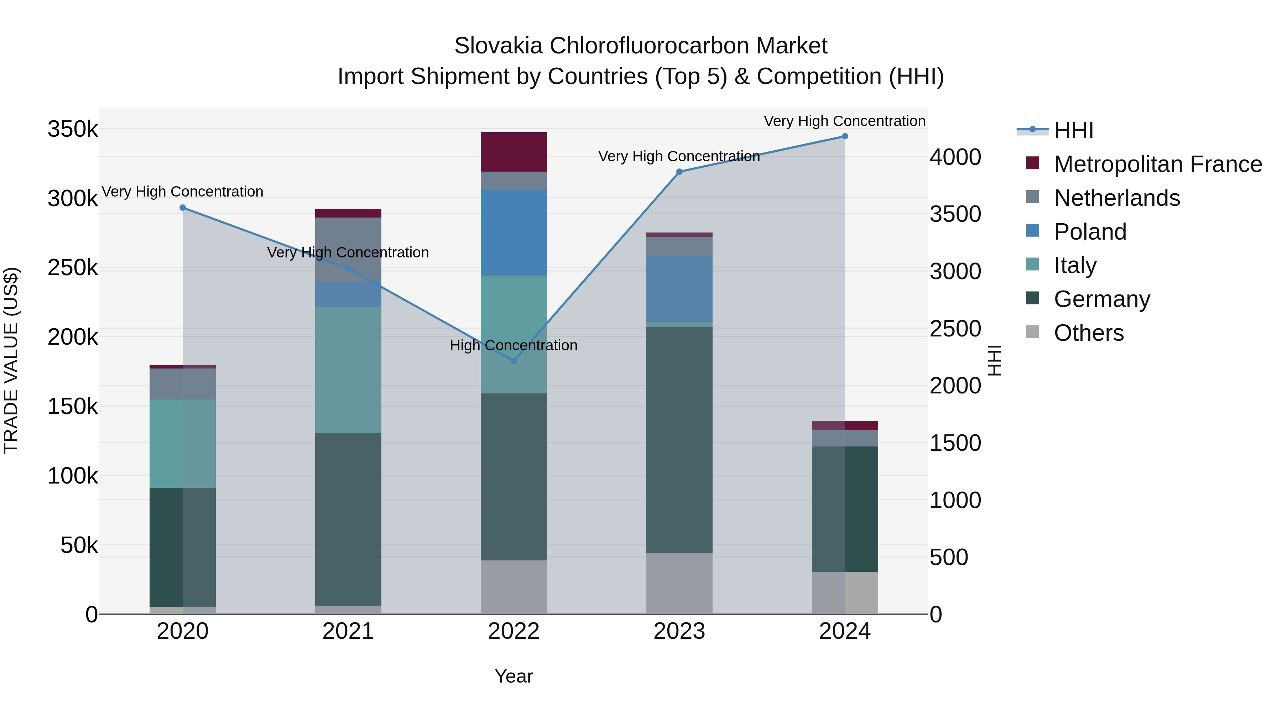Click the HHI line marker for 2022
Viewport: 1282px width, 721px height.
point(514,361)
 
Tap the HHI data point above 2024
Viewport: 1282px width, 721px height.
point(845,136)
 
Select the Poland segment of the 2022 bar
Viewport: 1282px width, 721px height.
point(514,233)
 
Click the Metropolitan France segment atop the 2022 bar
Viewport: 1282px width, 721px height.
point(514,152)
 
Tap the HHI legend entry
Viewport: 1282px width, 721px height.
point(1073,130)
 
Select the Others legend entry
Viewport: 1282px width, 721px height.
point(1088,333)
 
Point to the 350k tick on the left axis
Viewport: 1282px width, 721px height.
point(73,129)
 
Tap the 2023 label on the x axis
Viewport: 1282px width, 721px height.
point(679,631)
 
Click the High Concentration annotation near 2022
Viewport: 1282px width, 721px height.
point(513,345)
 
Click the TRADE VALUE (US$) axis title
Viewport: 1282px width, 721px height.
point(11,360)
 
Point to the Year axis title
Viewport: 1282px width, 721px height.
point(513,676)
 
